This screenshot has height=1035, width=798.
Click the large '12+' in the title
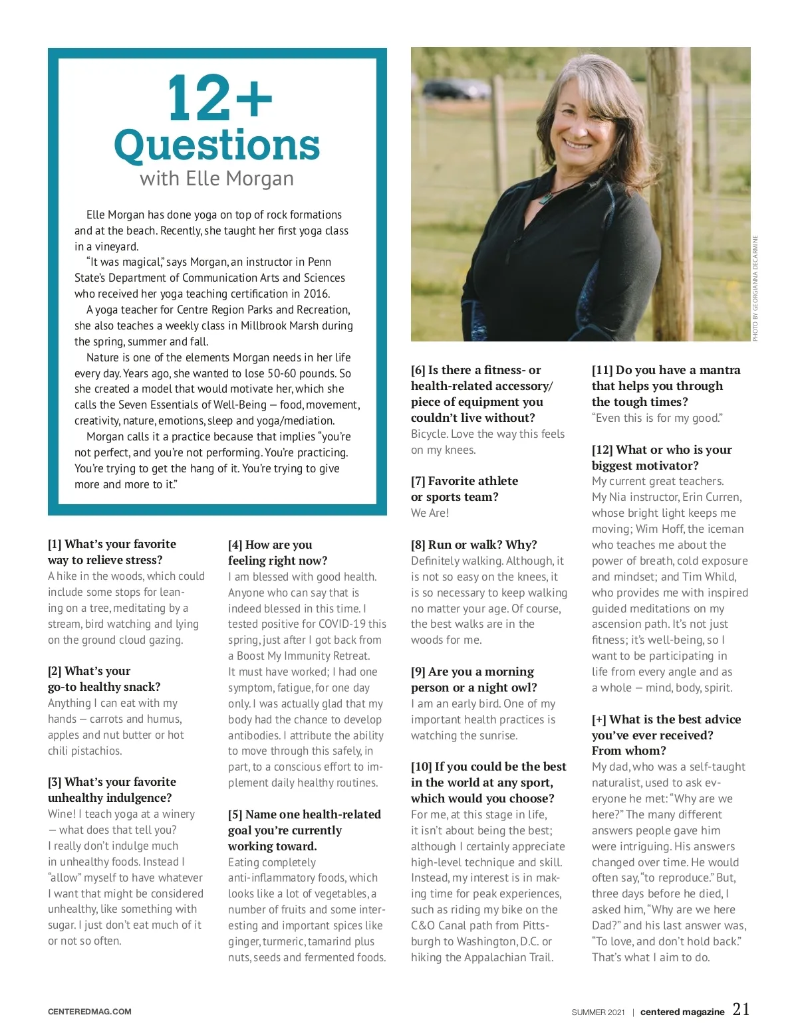(x=219, y=98)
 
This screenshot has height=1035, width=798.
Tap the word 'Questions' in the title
(x=217, y=145)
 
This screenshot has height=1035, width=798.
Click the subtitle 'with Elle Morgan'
(x=217, y=179)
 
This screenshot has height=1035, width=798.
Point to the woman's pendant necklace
(x=546, y=197)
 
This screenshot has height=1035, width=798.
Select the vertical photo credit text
(x=755, y=288)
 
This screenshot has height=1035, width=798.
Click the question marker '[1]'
(x=55, y=544)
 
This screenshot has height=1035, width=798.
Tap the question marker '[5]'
(x=235, y=814)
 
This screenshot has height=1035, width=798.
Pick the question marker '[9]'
(x=418, y=672)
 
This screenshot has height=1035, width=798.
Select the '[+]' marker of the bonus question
(x=599, y=719)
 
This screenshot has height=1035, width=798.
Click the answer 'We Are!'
(x=430, y=513)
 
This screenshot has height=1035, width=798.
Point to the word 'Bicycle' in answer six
(x=429, y=434)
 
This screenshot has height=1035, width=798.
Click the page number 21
(x=741, y=1010)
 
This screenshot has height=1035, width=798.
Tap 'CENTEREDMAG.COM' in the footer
(x=90, y=1012)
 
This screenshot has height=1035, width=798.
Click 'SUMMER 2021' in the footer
(x=598, y=1012)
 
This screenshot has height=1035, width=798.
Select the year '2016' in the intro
(x=316, y=294)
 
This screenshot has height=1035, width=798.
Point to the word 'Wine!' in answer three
(x=62, y=814)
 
